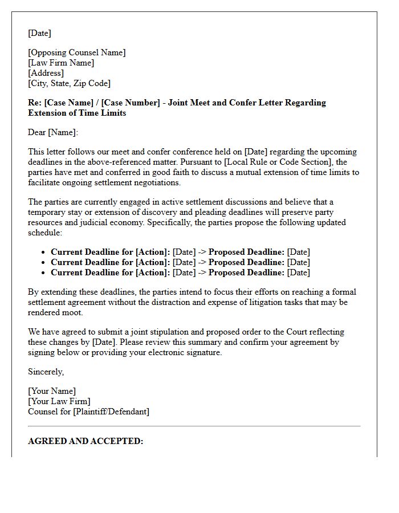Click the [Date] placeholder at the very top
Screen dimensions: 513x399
click(39, 33)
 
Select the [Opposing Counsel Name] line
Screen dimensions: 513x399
click(76, 52)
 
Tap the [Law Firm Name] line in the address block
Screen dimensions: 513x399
click(61, 63)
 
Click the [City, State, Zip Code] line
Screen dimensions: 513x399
click(69, 83)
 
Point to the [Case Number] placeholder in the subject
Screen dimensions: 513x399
click(131, 103)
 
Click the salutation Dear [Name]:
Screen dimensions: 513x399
click(53, 132)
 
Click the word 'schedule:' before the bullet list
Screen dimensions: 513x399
click(46, 233)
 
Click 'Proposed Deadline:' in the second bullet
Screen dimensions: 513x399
click(246, 262)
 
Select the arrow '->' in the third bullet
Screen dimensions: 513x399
click(202, 272)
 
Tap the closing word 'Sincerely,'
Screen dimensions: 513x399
click(46, 372)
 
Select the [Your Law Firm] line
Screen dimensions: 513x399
click(59, 401)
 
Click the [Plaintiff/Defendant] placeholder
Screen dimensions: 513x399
click(111, 412)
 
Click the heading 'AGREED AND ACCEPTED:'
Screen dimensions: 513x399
click(85, 441)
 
